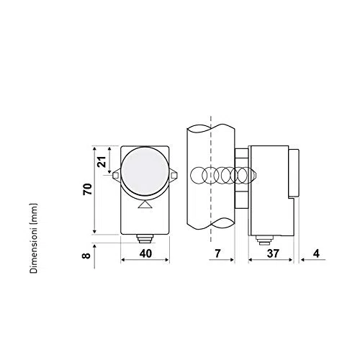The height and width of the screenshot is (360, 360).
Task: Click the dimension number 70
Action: [88, 189]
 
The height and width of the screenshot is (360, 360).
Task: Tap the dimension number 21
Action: [102, 162]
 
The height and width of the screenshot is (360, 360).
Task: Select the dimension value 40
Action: [145, 253]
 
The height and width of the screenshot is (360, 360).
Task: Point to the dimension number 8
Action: [86, 255]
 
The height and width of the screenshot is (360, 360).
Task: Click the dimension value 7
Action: [217, 253]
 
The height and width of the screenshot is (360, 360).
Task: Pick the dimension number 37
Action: [273, 253]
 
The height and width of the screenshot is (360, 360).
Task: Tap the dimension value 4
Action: [317, 253]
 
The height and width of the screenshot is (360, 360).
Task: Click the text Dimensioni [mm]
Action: [34, 238]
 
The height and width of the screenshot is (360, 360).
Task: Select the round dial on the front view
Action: [144, 171]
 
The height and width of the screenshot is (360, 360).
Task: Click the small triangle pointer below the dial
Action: [145, 204]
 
